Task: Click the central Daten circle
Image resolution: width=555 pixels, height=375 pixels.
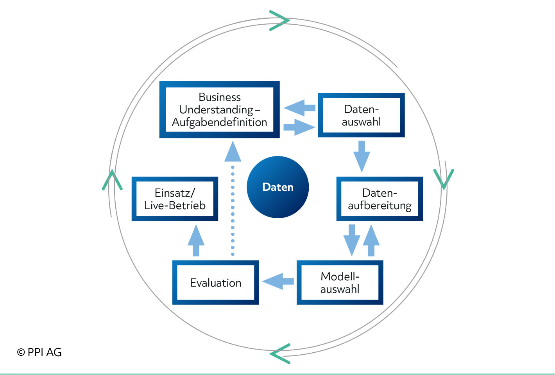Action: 278,187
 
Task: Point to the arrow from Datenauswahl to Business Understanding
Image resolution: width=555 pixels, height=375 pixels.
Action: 299,108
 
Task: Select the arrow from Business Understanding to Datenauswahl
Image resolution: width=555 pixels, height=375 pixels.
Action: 299,127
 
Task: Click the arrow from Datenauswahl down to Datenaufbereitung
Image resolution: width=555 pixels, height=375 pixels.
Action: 362,156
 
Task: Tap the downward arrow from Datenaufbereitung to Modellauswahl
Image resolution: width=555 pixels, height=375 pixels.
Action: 352,240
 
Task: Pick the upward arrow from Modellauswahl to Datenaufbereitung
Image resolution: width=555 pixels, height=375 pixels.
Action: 371,240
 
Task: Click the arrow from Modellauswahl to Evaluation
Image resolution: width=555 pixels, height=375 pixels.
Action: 278,281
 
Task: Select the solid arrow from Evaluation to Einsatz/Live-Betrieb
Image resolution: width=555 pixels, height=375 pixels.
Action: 196,240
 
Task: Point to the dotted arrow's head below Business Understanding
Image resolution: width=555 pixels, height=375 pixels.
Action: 233,151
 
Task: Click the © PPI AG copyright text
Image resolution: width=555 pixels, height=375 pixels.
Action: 39,352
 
